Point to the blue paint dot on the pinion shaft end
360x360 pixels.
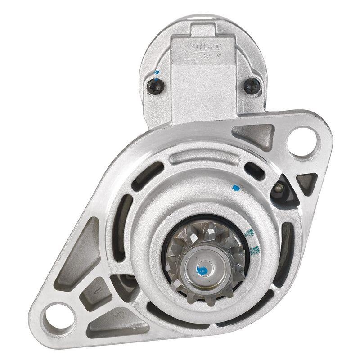(202, 270)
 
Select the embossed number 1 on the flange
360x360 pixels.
(99, 286)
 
